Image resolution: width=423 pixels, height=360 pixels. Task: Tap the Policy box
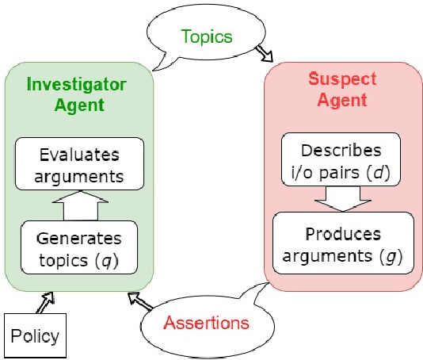(x=35, y=335)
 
